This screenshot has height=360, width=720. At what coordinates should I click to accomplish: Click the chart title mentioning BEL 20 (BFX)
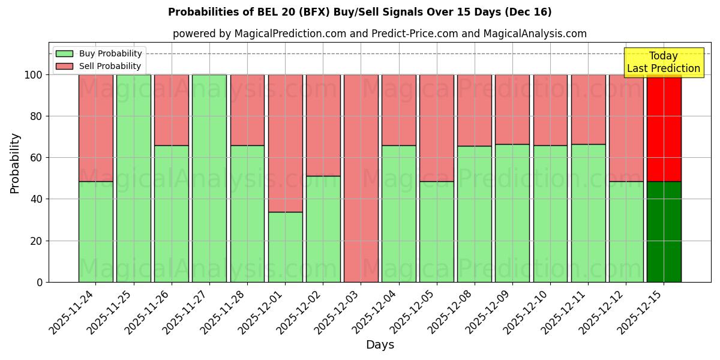click(360, 12)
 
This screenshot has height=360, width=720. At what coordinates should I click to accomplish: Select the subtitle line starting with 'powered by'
click(379, 34)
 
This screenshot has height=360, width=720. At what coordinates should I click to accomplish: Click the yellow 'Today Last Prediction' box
click(663, 62)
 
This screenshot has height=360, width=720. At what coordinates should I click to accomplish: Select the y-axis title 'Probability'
click(15, 163)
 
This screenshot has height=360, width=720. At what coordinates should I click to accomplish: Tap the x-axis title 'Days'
click(380, 344)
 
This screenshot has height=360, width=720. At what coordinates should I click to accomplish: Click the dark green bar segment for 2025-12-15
click(664, 232)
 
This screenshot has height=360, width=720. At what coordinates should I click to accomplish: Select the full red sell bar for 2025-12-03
click(361, 178)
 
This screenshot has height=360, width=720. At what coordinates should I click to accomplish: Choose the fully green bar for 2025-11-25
click(133, 178)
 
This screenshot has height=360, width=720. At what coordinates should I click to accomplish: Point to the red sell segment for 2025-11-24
click(95, 128)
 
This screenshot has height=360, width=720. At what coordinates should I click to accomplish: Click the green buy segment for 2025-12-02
click(323, 229)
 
